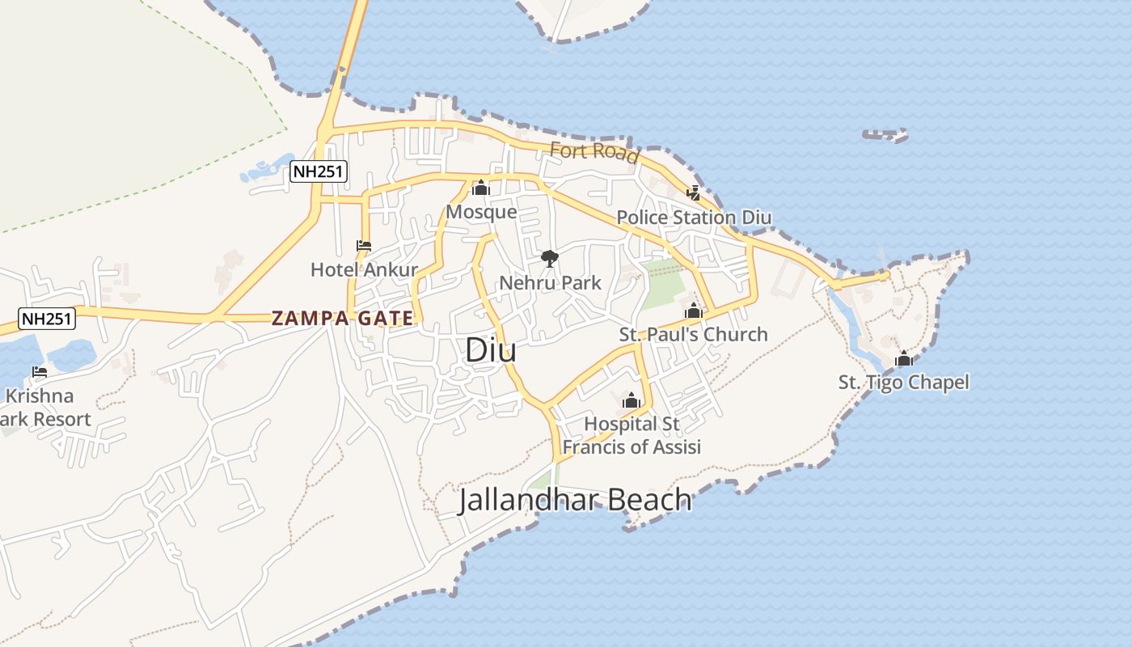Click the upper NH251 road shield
(x=318, y=171)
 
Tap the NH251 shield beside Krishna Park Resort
(x=48, y=318)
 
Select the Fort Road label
(x=594, y=151)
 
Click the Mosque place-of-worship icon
(x=481, y=188)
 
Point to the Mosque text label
(x=481, y=212)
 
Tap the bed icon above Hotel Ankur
(x=364, y=246)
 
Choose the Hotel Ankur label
(x=364, y=269)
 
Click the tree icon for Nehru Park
(x=550, y=259)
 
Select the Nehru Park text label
(x=550, y=283)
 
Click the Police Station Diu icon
(x=694, y=193)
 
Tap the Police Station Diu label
(x=694, y=218)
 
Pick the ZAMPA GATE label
(x=343, y=318)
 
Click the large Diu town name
(x=491, y=350)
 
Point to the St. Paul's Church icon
(x=694, y=311)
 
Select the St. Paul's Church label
(x=694, y=334)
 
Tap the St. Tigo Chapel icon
(x=903, y=358)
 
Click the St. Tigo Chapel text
(x=903, y=383)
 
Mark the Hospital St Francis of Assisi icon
(x=631, y=400)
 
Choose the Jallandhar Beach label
(x=575, y=500)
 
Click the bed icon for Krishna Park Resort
(x=40, y=372)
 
